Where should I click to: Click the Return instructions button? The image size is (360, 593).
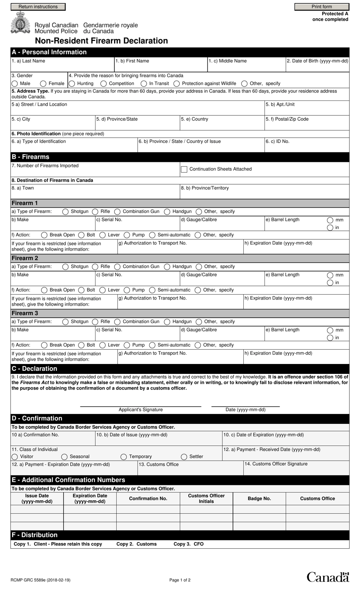38,7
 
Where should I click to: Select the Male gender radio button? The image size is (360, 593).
15,83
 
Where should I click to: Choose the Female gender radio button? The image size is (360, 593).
43,83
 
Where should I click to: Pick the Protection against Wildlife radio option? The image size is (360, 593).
177,83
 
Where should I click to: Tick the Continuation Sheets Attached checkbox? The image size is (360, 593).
184,169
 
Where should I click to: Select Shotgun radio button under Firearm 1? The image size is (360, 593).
66,212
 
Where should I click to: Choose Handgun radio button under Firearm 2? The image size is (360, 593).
167,267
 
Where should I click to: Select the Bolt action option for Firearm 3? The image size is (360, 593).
81,345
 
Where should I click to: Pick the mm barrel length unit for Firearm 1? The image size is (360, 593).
330,220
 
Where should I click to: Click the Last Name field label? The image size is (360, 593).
28,61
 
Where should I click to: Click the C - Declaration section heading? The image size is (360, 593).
34,369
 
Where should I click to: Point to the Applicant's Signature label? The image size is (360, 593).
141,409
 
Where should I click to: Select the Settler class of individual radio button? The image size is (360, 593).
184,457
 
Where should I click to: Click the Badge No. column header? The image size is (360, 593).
259,499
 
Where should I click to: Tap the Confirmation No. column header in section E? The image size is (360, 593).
148,499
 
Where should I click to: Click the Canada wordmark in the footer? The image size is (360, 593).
327,577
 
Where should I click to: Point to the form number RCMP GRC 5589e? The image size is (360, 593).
41,580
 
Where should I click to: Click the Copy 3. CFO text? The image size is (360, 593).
188,544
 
